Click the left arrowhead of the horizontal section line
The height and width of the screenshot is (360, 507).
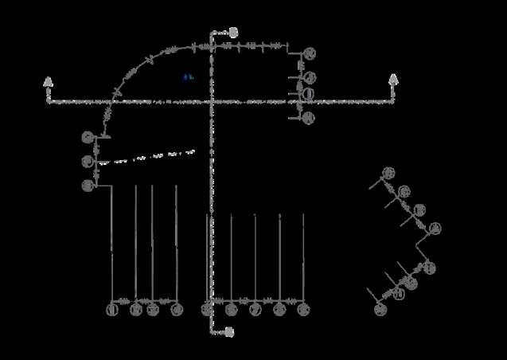pos(49,81)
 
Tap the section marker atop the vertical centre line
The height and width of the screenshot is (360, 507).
pos(232,33)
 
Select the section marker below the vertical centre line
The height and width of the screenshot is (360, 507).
pos(229,331)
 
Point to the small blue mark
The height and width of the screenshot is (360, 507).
pos(189,77)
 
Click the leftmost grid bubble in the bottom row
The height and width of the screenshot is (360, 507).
pos(112,309)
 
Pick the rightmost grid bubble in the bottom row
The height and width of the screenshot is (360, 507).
pos(303,309)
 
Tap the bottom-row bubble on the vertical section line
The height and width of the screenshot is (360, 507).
pos(207,309)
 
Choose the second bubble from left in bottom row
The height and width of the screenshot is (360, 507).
pos(136,309)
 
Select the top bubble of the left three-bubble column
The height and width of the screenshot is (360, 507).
pos(88,137)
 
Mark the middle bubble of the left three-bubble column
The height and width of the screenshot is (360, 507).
pos(88,162)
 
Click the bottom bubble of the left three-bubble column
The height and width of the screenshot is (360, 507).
pos(88,186)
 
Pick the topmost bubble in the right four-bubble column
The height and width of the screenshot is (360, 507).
pos(310,53)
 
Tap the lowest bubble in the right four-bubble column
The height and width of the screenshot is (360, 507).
pos(310,118)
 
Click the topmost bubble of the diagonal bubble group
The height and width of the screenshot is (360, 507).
pos(388,173)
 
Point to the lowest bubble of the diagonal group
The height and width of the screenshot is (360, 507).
pos(380,309)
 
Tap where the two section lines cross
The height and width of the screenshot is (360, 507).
pos(212,102)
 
